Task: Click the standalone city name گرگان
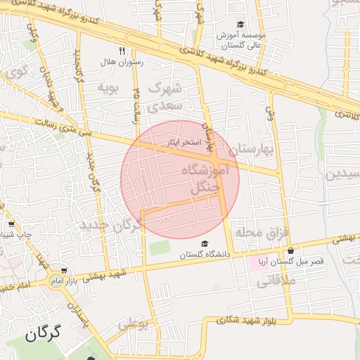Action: point(44,333)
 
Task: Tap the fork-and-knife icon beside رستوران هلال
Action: point(122,51)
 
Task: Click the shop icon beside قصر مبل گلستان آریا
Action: point(290,250)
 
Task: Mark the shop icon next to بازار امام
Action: point(64,271)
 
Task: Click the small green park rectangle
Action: point(160,248)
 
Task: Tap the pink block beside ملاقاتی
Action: point(258,264)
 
